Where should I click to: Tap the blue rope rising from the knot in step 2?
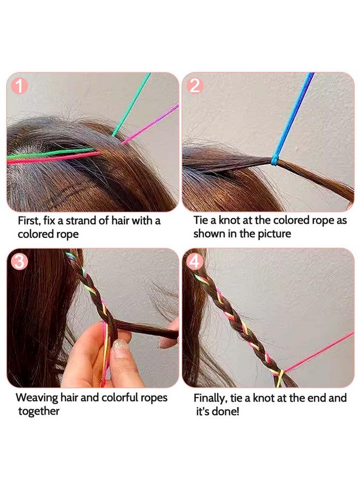coord(297,109)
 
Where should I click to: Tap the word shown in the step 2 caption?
coord(208,234)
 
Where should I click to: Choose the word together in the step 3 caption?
coord(39,411)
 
